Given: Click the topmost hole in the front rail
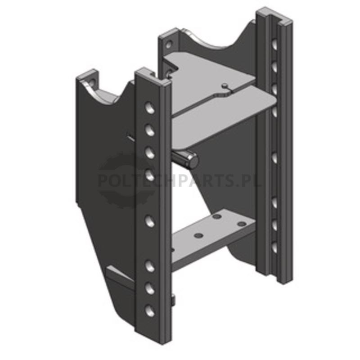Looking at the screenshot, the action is [150, 108].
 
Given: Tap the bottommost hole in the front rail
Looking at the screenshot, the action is [150, 311].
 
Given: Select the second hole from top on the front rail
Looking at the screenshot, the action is [150, 130].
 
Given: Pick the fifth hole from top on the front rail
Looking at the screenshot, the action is [150, 221].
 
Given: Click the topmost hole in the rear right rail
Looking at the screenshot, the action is [274, 44].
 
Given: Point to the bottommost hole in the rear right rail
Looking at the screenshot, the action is [274, 247].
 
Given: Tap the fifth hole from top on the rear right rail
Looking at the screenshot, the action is [274, 158].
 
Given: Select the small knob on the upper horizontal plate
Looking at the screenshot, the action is [225, 85].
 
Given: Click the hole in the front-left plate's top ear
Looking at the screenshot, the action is [92, 82].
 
